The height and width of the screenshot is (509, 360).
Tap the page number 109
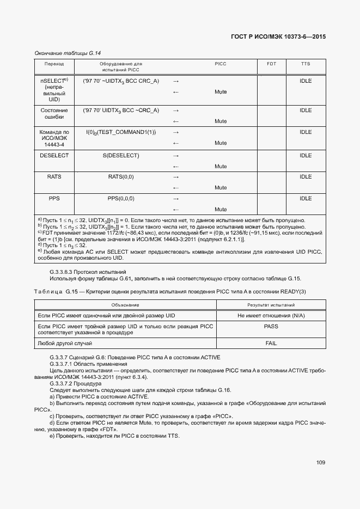[321, 463]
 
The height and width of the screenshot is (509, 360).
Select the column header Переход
[54, 64]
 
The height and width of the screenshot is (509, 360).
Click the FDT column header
[271, 64]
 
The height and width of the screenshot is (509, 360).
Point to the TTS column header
[306, 64]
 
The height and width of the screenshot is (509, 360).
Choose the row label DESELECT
[54, 156]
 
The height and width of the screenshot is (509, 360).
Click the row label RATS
[54, 177]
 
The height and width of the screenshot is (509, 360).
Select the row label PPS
[54, 199]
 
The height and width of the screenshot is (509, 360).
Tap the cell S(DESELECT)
[121, 156]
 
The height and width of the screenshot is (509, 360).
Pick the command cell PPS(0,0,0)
[121, 199]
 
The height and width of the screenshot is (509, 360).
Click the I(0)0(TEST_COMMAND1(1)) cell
[121, 132]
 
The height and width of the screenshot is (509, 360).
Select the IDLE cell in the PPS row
[306, 199]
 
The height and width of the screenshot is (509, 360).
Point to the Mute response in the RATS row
[221, 188]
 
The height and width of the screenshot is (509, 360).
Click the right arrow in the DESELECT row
[176, 156]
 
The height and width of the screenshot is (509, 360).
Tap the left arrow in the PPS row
[176, 210]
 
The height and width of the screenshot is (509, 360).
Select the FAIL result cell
[271, 344]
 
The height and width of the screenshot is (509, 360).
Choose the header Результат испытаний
[271, 305]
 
